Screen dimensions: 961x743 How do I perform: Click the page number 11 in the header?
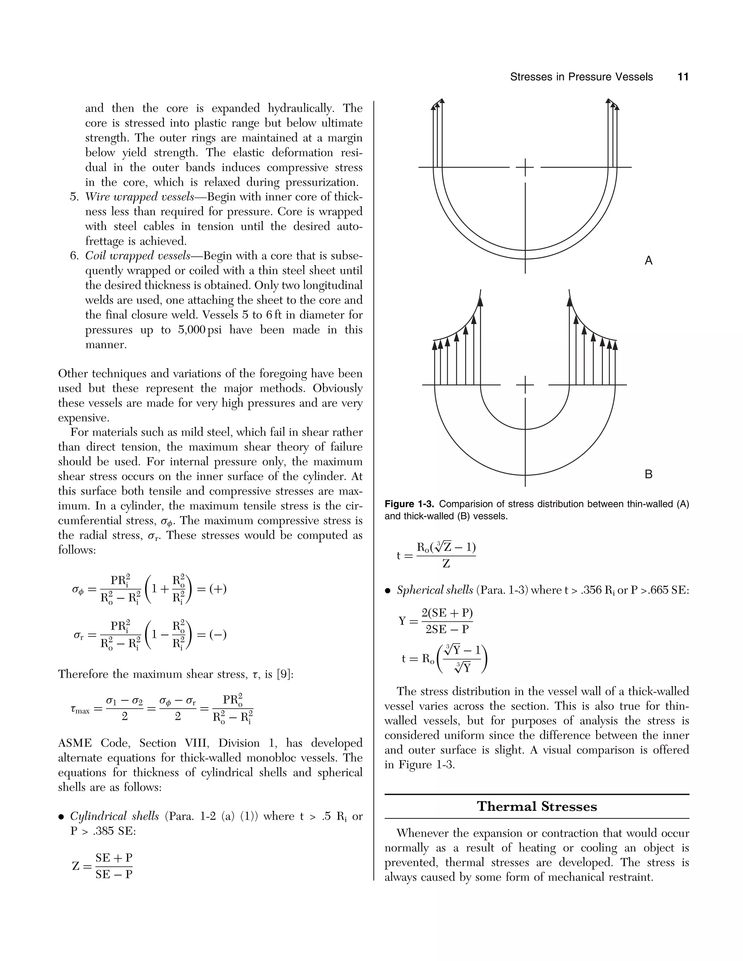(x=683, y=77)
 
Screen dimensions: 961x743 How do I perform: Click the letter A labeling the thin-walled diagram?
(x=648, y=261)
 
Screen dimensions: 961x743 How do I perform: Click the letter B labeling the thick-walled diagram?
(x=648, y=474)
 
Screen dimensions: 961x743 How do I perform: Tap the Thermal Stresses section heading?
(x=537, y=806)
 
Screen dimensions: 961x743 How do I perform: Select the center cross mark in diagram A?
(x=525, y=168)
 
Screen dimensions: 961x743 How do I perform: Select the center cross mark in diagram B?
(x=525, y=385)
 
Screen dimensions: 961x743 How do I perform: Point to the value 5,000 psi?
(x=200, y=330)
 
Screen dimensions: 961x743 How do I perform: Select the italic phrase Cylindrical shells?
(x=114, y=816)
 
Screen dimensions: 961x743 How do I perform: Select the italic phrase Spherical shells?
(x=434, y=590)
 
